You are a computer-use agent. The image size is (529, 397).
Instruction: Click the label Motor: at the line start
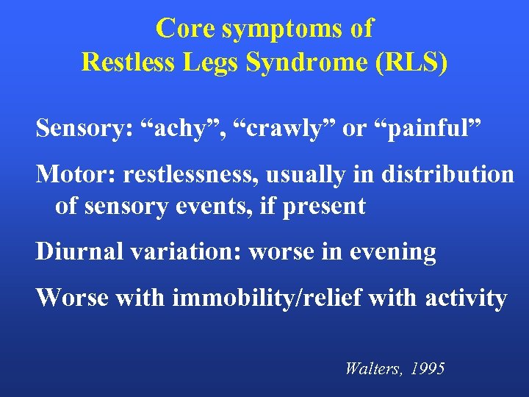(76, 174)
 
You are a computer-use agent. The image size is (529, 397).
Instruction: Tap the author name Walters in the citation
(372, 368)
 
